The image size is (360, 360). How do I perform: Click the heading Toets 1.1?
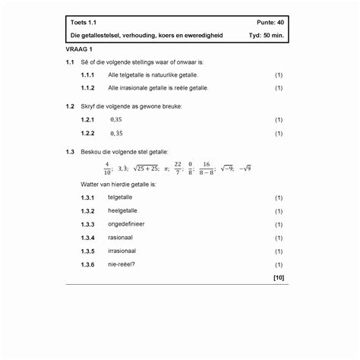pos(83,25)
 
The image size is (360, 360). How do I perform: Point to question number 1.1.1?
pos(88,75)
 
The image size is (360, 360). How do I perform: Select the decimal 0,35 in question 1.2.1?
pos(116,120)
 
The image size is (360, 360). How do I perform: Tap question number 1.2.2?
pos(88,133)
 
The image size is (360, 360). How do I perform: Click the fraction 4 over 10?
pos(107,168)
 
